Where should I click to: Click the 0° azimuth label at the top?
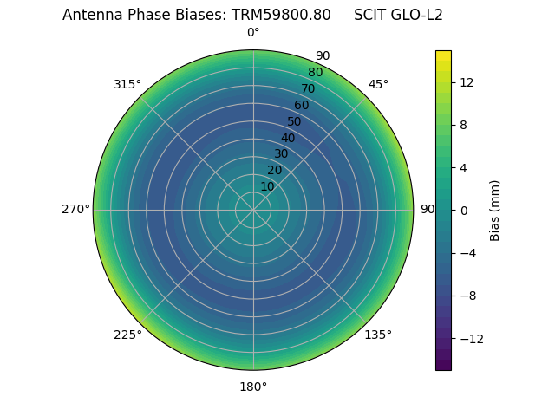253,33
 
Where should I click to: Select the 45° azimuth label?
378,84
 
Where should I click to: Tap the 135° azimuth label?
378,335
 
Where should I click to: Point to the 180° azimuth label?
253,387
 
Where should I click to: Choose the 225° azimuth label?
127,335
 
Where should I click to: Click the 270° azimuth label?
75,210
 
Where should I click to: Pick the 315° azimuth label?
127,84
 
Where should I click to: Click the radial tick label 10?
267,186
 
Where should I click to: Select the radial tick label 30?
281,153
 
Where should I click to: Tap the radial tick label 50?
295,121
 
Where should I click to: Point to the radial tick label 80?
316,73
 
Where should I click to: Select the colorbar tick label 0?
461,211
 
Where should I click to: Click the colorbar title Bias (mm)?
495,211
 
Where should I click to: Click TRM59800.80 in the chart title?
281,15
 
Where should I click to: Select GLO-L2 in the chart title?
417,15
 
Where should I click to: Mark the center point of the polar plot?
253,210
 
